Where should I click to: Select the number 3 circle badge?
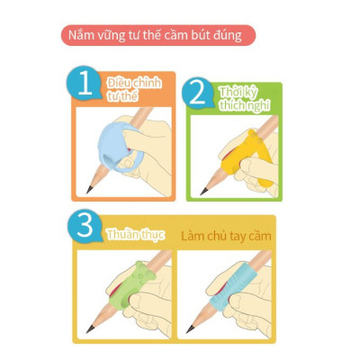87,229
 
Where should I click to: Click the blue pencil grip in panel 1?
117,142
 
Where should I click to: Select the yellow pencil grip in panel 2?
247,153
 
